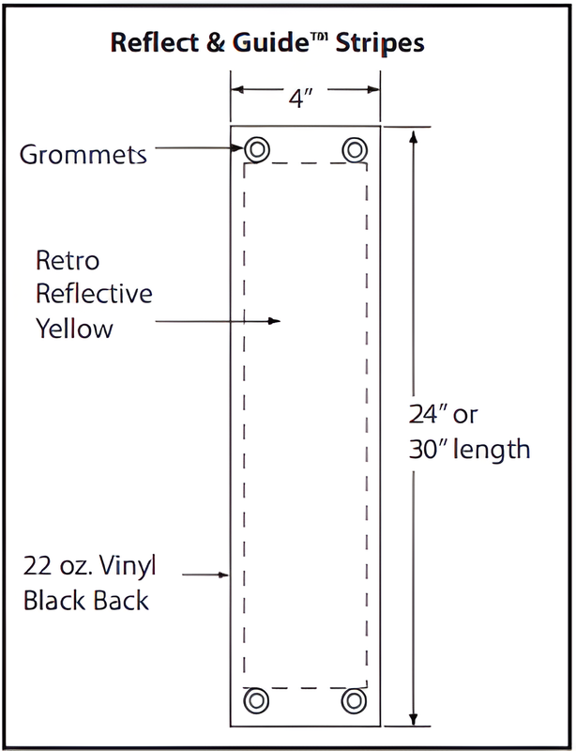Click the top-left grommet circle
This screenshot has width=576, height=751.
(x=257, y=148)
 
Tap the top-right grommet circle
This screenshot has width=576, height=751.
(x=354, y=148)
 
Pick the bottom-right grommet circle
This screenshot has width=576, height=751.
(x=354, y=700)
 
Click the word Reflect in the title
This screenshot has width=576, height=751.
(x=150, y=43)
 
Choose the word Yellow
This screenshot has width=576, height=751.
(x=74, y=329)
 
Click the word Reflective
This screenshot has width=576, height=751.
(x=94, y=294)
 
